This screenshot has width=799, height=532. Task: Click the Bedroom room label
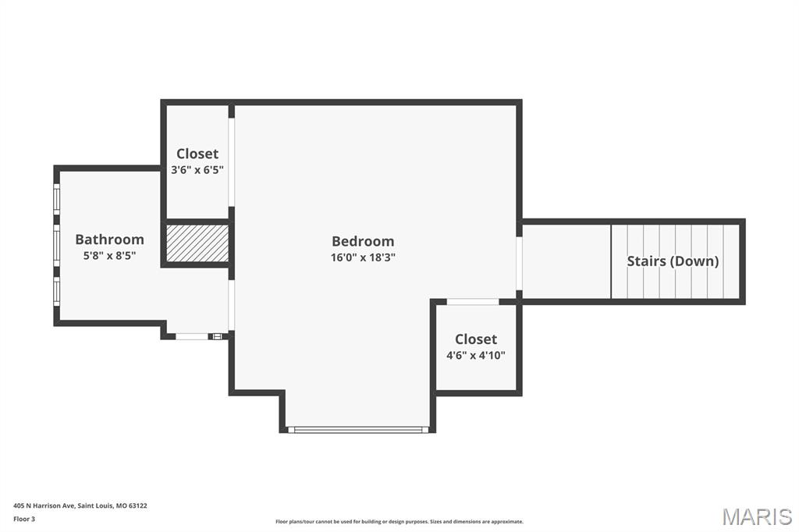pyautogui.click(x=363, y=241)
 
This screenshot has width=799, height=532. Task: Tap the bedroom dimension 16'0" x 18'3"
pyautogui.click(x=363, y=257)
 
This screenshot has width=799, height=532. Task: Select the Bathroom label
pyautogui.click(x=109, y=239)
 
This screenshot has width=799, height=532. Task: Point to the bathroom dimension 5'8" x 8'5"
pyautogui.click(x=109, y=255)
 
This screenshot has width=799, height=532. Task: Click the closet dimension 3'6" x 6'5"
pyautogui.click(x=197, y=169)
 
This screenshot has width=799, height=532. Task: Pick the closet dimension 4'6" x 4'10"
pyautogui.click(x=476, y=355)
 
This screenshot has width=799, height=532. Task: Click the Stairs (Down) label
pyautogui.click(x=673, y=261)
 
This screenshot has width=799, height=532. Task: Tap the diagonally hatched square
pyautogui.click(x=197, y=243)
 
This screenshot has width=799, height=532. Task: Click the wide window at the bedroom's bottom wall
pyautogui.click(x=357, y=429)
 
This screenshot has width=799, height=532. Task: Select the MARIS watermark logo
pyautogui.click(x=756, y=516)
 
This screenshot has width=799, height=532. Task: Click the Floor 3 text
pyautogui.click(x=24, y=519)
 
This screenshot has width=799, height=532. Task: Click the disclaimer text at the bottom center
pyautogui.click(x=399, y=522)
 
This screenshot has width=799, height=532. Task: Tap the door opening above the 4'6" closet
pyautogui.click(x=473, y=302)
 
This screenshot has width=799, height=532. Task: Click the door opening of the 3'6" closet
pyautogui.click(x=232, y=162)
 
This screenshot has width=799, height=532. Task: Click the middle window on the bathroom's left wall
pyautogui.click(x=56, y=245)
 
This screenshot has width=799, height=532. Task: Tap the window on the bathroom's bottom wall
pyautogui.click(x=193, y=336)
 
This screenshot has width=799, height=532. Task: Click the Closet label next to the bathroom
pyautogui.click(x=197, y=154)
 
